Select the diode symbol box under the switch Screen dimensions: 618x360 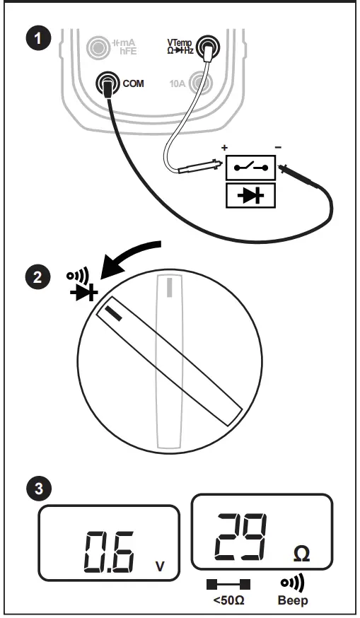(251, 195)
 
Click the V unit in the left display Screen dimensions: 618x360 (160, 566)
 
